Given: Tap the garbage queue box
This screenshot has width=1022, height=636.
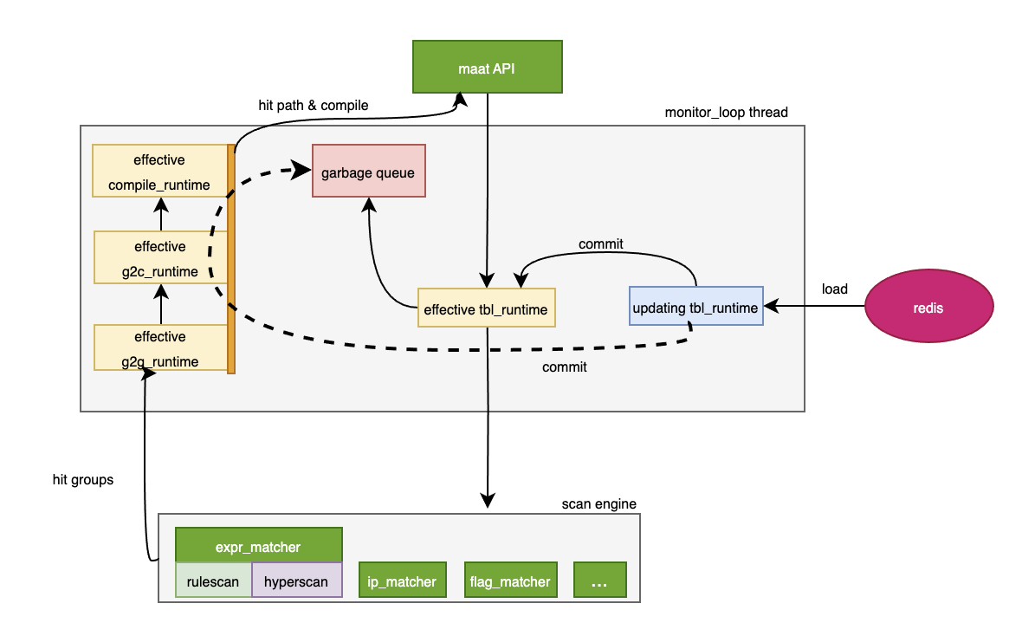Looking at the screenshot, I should pos(369,170).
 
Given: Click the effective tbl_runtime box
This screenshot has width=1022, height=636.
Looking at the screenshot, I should pos(486,307).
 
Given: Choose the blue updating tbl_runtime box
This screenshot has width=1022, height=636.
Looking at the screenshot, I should pos(696,306).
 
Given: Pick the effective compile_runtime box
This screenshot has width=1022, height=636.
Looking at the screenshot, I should pos(160,172).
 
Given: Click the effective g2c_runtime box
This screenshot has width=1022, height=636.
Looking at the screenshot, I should pos(160,258).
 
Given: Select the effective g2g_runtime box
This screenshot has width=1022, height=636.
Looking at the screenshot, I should pos(160,348).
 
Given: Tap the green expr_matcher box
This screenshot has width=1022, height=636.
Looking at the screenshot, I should pos(258,546).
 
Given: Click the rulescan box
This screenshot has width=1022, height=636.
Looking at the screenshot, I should pos(213,581).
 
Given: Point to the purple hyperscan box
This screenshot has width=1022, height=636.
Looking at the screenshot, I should pos(296,581).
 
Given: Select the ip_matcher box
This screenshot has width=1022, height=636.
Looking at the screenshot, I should pos(402,581).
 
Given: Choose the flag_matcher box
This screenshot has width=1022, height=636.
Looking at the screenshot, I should pos(509,581).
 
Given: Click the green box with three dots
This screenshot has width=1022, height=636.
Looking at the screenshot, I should pos(599,581).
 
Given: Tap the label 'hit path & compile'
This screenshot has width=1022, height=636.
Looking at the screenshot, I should pos(314,105).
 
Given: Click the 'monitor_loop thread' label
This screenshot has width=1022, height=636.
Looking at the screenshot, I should pos(727,113).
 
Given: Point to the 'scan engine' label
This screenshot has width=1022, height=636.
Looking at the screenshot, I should pos(599,503).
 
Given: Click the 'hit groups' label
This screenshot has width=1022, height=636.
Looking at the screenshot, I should pos(83,479).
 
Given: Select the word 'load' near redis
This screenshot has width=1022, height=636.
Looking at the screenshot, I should pos(835,289).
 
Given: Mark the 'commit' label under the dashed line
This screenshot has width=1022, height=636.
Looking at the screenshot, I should pos(565,367).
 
